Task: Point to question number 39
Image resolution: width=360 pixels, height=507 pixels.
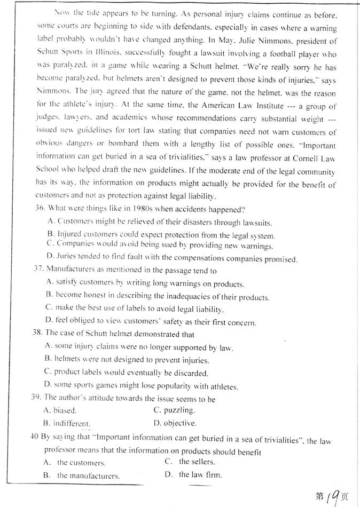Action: [x=37, y=398]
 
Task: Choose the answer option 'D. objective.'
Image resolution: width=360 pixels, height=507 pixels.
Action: [x=175, y=424]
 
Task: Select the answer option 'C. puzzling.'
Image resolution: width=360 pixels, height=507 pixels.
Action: [x=174, y=410]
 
